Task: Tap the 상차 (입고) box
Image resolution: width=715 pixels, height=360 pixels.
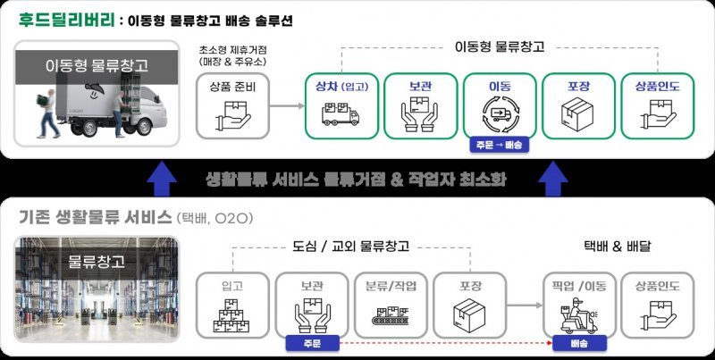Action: pos(341,105)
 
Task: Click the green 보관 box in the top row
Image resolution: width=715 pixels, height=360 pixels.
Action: pos(420,105)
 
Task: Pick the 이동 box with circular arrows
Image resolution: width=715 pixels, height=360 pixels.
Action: pos(499,105)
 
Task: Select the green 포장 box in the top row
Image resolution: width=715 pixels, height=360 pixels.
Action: pos(577,105)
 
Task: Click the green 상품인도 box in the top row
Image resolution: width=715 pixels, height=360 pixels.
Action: pos(656,105)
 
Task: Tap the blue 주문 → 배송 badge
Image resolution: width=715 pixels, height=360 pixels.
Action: pos(499,144)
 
